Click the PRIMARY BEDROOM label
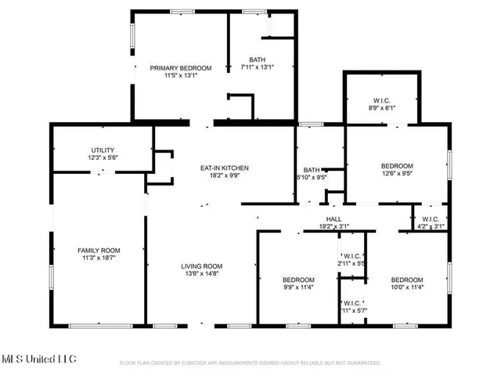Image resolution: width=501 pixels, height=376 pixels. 181,68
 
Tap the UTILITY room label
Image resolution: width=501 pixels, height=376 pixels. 103,150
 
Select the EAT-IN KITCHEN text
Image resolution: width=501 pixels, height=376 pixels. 225,168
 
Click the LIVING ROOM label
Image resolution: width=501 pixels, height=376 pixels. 203,266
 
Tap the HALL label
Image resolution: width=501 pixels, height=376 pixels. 333,219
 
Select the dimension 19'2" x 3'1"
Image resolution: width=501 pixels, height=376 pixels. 333,226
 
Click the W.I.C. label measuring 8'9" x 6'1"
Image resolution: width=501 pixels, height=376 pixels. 383,99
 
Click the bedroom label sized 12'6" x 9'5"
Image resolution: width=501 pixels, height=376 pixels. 397,166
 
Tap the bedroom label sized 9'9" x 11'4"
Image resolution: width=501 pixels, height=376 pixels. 298,280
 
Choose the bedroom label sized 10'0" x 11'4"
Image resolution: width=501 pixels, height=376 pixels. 407,280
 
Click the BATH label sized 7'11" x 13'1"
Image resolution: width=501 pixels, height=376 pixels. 257,60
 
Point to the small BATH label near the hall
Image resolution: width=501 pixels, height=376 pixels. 312,169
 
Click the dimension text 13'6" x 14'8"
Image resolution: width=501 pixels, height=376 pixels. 203,273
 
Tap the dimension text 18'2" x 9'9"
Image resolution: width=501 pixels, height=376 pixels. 225,176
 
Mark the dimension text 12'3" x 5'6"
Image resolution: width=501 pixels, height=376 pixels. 103,157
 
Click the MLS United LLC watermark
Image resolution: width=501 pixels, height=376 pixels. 38,360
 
